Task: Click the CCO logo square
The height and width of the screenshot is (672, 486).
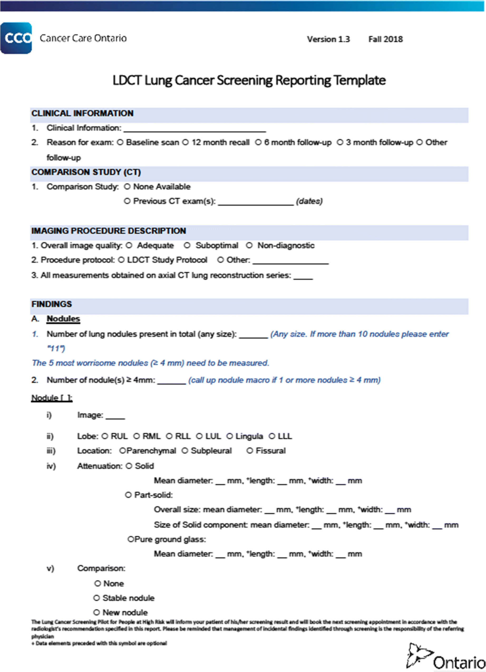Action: [x=16, y=38]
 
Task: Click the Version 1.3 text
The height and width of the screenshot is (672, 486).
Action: [x=328, y=39]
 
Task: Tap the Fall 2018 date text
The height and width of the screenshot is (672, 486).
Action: [x=385, y=39]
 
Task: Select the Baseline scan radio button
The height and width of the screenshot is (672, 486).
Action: [x=120, y=142]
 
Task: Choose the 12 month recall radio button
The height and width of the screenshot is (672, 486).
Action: [x=185, y=142]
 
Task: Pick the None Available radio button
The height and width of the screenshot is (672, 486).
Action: [x=127, y=187]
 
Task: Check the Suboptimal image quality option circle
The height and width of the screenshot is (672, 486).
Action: [x=187, y=245]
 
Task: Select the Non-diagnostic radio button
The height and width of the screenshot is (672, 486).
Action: [x=249, y=245]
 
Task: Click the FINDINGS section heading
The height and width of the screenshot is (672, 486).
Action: [x=52, y=304]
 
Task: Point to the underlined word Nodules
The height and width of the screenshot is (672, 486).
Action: [x=63, y=319]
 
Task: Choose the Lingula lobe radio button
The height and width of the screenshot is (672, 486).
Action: [x=230, y=436]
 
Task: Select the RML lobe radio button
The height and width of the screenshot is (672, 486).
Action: [x=137, y=436]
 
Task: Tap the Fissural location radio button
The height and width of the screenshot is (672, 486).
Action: [x=250, y=451]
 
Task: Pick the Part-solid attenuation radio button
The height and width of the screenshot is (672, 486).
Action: [x=128, y=495]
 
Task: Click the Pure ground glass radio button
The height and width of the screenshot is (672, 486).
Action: [x=131, y=539]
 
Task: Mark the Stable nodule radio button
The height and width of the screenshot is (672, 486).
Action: [x=96, y=598]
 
